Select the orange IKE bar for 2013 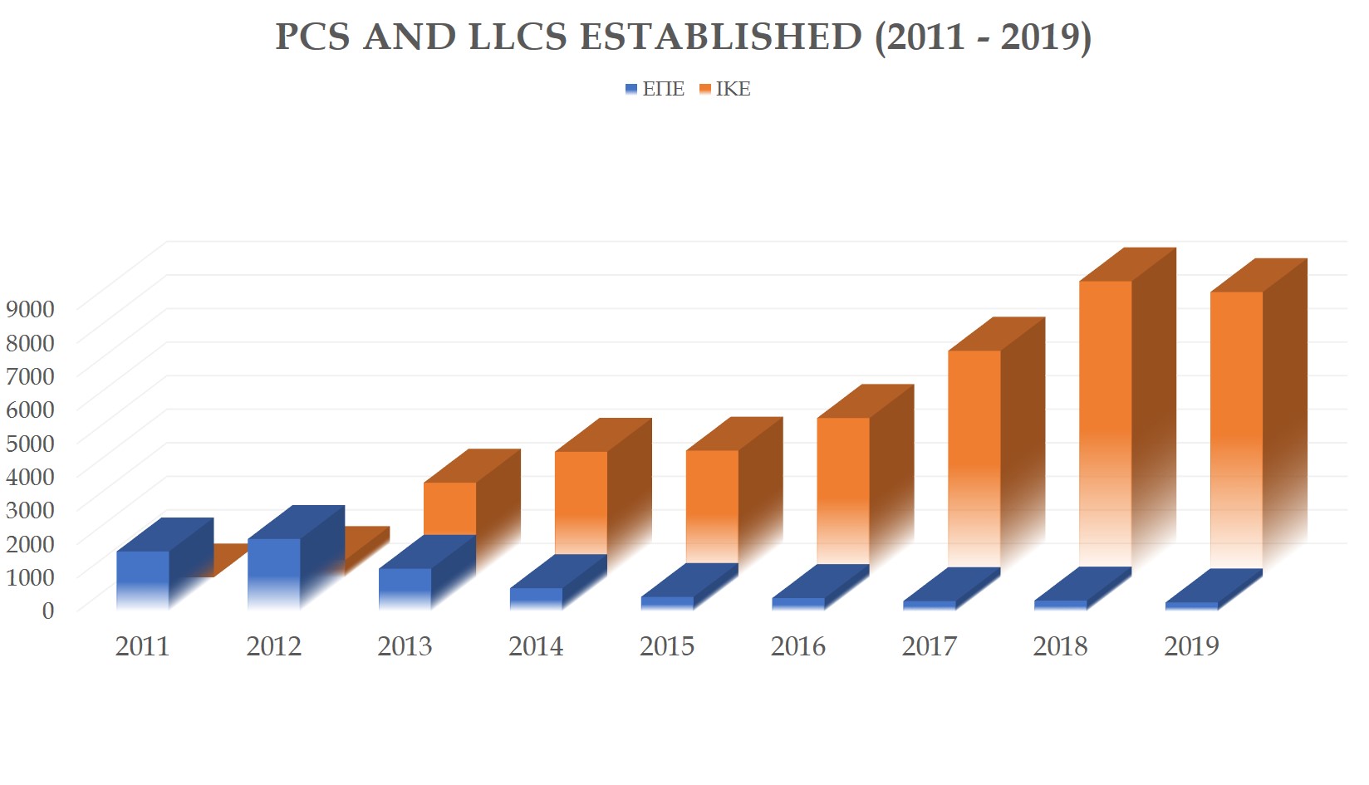(x=449, y=508)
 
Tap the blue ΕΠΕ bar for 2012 (x=273, y=573)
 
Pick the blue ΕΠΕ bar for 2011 (x=142, y=579)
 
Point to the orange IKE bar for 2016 (x=843, y=482)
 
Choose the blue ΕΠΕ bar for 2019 (x=1191, y=606)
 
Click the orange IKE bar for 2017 (x=974, y=449)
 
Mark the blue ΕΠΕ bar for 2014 (x=536, y=598)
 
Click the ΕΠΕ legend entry (x=656, y=89)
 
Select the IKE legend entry (x=725, y=89)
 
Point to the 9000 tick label (x=30, y=309)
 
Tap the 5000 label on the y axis (x=30, y=443)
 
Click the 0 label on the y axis (x=48, y=611)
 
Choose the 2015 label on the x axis (x=666, y=646)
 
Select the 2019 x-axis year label (x=1191, y=646)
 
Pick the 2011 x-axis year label (x=142, y=646)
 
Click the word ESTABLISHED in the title (x=720, y=37)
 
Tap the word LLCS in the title (x=517, y=37)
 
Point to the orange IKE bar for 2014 (x=581, y=498)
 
